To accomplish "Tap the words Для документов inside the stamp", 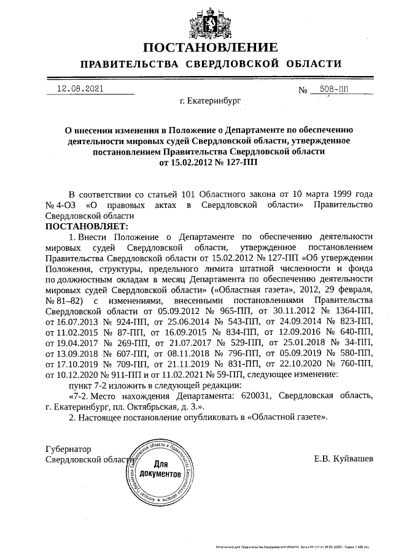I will (160, 469).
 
